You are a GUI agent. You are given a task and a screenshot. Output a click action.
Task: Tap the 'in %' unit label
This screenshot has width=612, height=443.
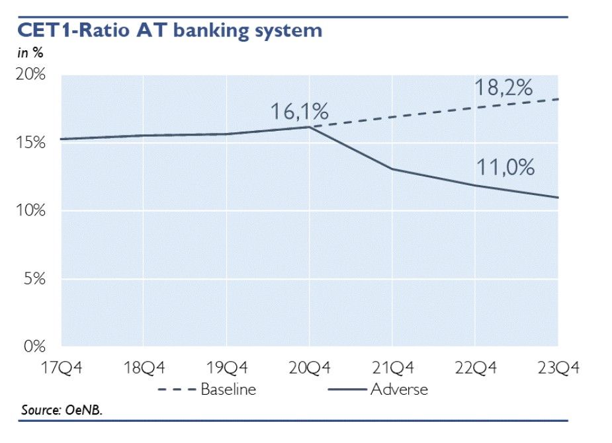(x=30, y=54)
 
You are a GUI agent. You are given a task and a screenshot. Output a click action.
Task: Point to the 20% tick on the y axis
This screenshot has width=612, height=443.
(x=32, y=75)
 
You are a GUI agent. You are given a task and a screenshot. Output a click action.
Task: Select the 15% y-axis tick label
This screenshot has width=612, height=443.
(x=32, y=143)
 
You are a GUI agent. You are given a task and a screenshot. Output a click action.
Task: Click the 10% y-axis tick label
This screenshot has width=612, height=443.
(x=32, y=211)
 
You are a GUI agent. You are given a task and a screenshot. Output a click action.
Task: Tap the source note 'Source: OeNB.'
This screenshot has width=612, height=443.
(x=62, y=410)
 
